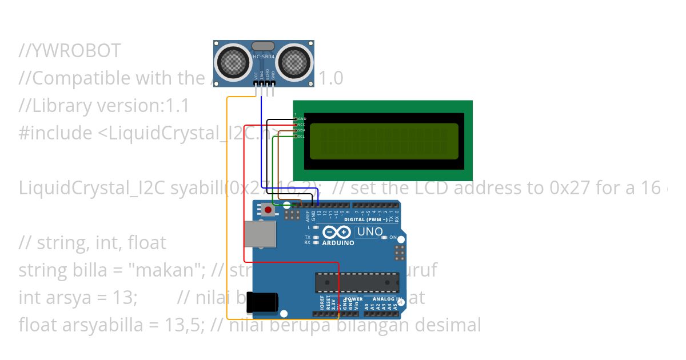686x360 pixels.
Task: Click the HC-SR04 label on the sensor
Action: click(x=264, y=56)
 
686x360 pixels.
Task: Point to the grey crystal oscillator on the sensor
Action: click(x=264, y=46)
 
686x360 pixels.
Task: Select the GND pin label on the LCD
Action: click(x=302, y=119)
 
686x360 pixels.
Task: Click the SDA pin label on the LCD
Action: click(x=302, y=130)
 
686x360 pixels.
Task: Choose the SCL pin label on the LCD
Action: click(x=302, y=137)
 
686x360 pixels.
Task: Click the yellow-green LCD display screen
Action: click(x=384, y=141)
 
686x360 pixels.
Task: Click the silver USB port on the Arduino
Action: click(x=260, y=234)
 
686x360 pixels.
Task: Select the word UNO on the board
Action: click(x=369, y=232)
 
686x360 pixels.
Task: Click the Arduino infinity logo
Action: click(x=338, y=233)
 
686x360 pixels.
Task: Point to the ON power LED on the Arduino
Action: click(x=385, y=237)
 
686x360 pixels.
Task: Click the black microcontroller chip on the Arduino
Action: click(x=357, y=282)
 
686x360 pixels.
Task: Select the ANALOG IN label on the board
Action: click(x=388, y=299)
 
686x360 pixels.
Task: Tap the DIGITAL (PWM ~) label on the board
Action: click(x=369, y=219)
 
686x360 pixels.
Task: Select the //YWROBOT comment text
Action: click(x=70, y=51)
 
